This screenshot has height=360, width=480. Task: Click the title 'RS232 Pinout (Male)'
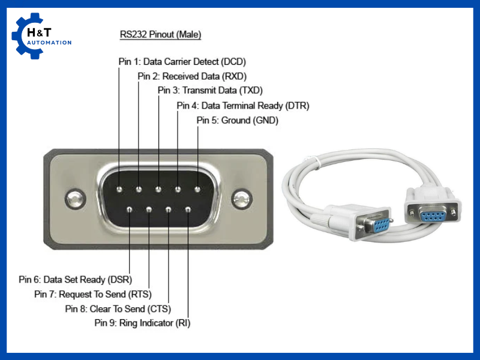coord(161,35)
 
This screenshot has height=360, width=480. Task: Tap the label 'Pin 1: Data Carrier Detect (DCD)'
coord(182,61)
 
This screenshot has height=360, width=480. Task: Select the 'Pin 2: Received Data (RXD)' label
coord(192,76)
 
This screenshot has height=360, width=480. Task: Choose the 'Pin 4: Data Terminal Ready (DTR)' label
coord(243,106)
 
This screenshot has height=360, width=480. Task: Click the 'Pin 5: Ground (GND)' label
coord(238,121)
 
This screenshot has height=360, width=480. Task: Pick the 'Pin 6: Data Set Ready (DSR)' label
coord(76,280)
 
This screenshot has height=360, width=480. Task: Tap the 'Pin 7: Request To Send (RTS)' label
coord(93,294)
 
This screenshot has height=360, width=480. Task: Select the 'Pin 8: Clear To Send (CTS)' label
coord(118,309)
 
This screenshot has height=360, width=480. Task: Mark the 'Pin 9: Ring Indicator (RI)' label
coord(143,323)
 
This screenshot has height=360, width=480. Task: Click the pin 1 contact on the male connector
coord(119,190)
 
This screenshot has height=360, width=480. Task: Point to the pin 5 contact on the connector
coord(197,190)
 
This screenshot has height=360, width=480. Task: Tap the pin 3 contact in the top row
coord(158,190)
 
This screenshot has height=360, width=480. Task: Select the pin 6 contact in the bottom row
coord(130,209)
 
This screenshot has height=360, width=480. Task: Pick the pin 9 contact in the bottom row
coord(188,209)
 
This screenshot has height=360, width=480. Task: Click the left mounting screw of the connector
coord(74,199)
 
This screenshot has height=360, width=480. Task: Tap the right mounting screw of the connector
coord(242,199)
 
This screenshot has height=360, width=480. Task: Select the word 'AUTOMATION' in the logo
coord(50,43)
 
